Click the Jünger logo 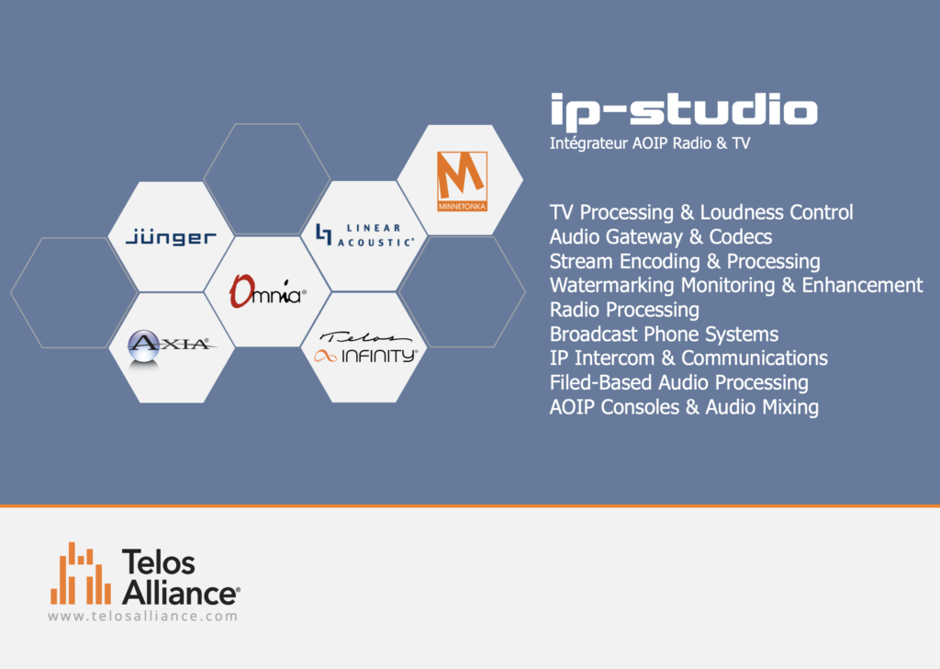(x=171, y=237)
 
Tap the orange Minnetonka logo (x=463, y=181)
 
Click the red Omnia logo (x=267, y=291)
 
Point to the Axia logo (x=171, y=346)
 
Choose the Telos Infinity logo (x=365, y=347)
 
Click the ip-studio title (x=684, y=111)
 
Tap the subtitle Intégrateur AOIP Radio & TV (x=650, y=143)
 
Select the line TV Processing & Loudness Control (x=701, y=212)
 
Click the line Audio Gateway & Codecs (x=661, y=237)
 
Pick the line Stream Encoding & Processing (x=685, y=262)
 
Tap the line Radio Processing (x=624, y=310)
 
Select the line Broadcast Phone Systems (x=664, y=334)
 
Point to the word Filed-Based (x=600, y=383)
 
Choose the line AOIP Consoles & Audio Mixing (x=684, y=407)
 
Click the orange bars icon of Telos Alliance (x=81, y=573)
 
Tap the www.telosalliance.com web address (x=142, y=617)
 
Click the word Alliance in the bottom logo (x=180, y=593)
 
